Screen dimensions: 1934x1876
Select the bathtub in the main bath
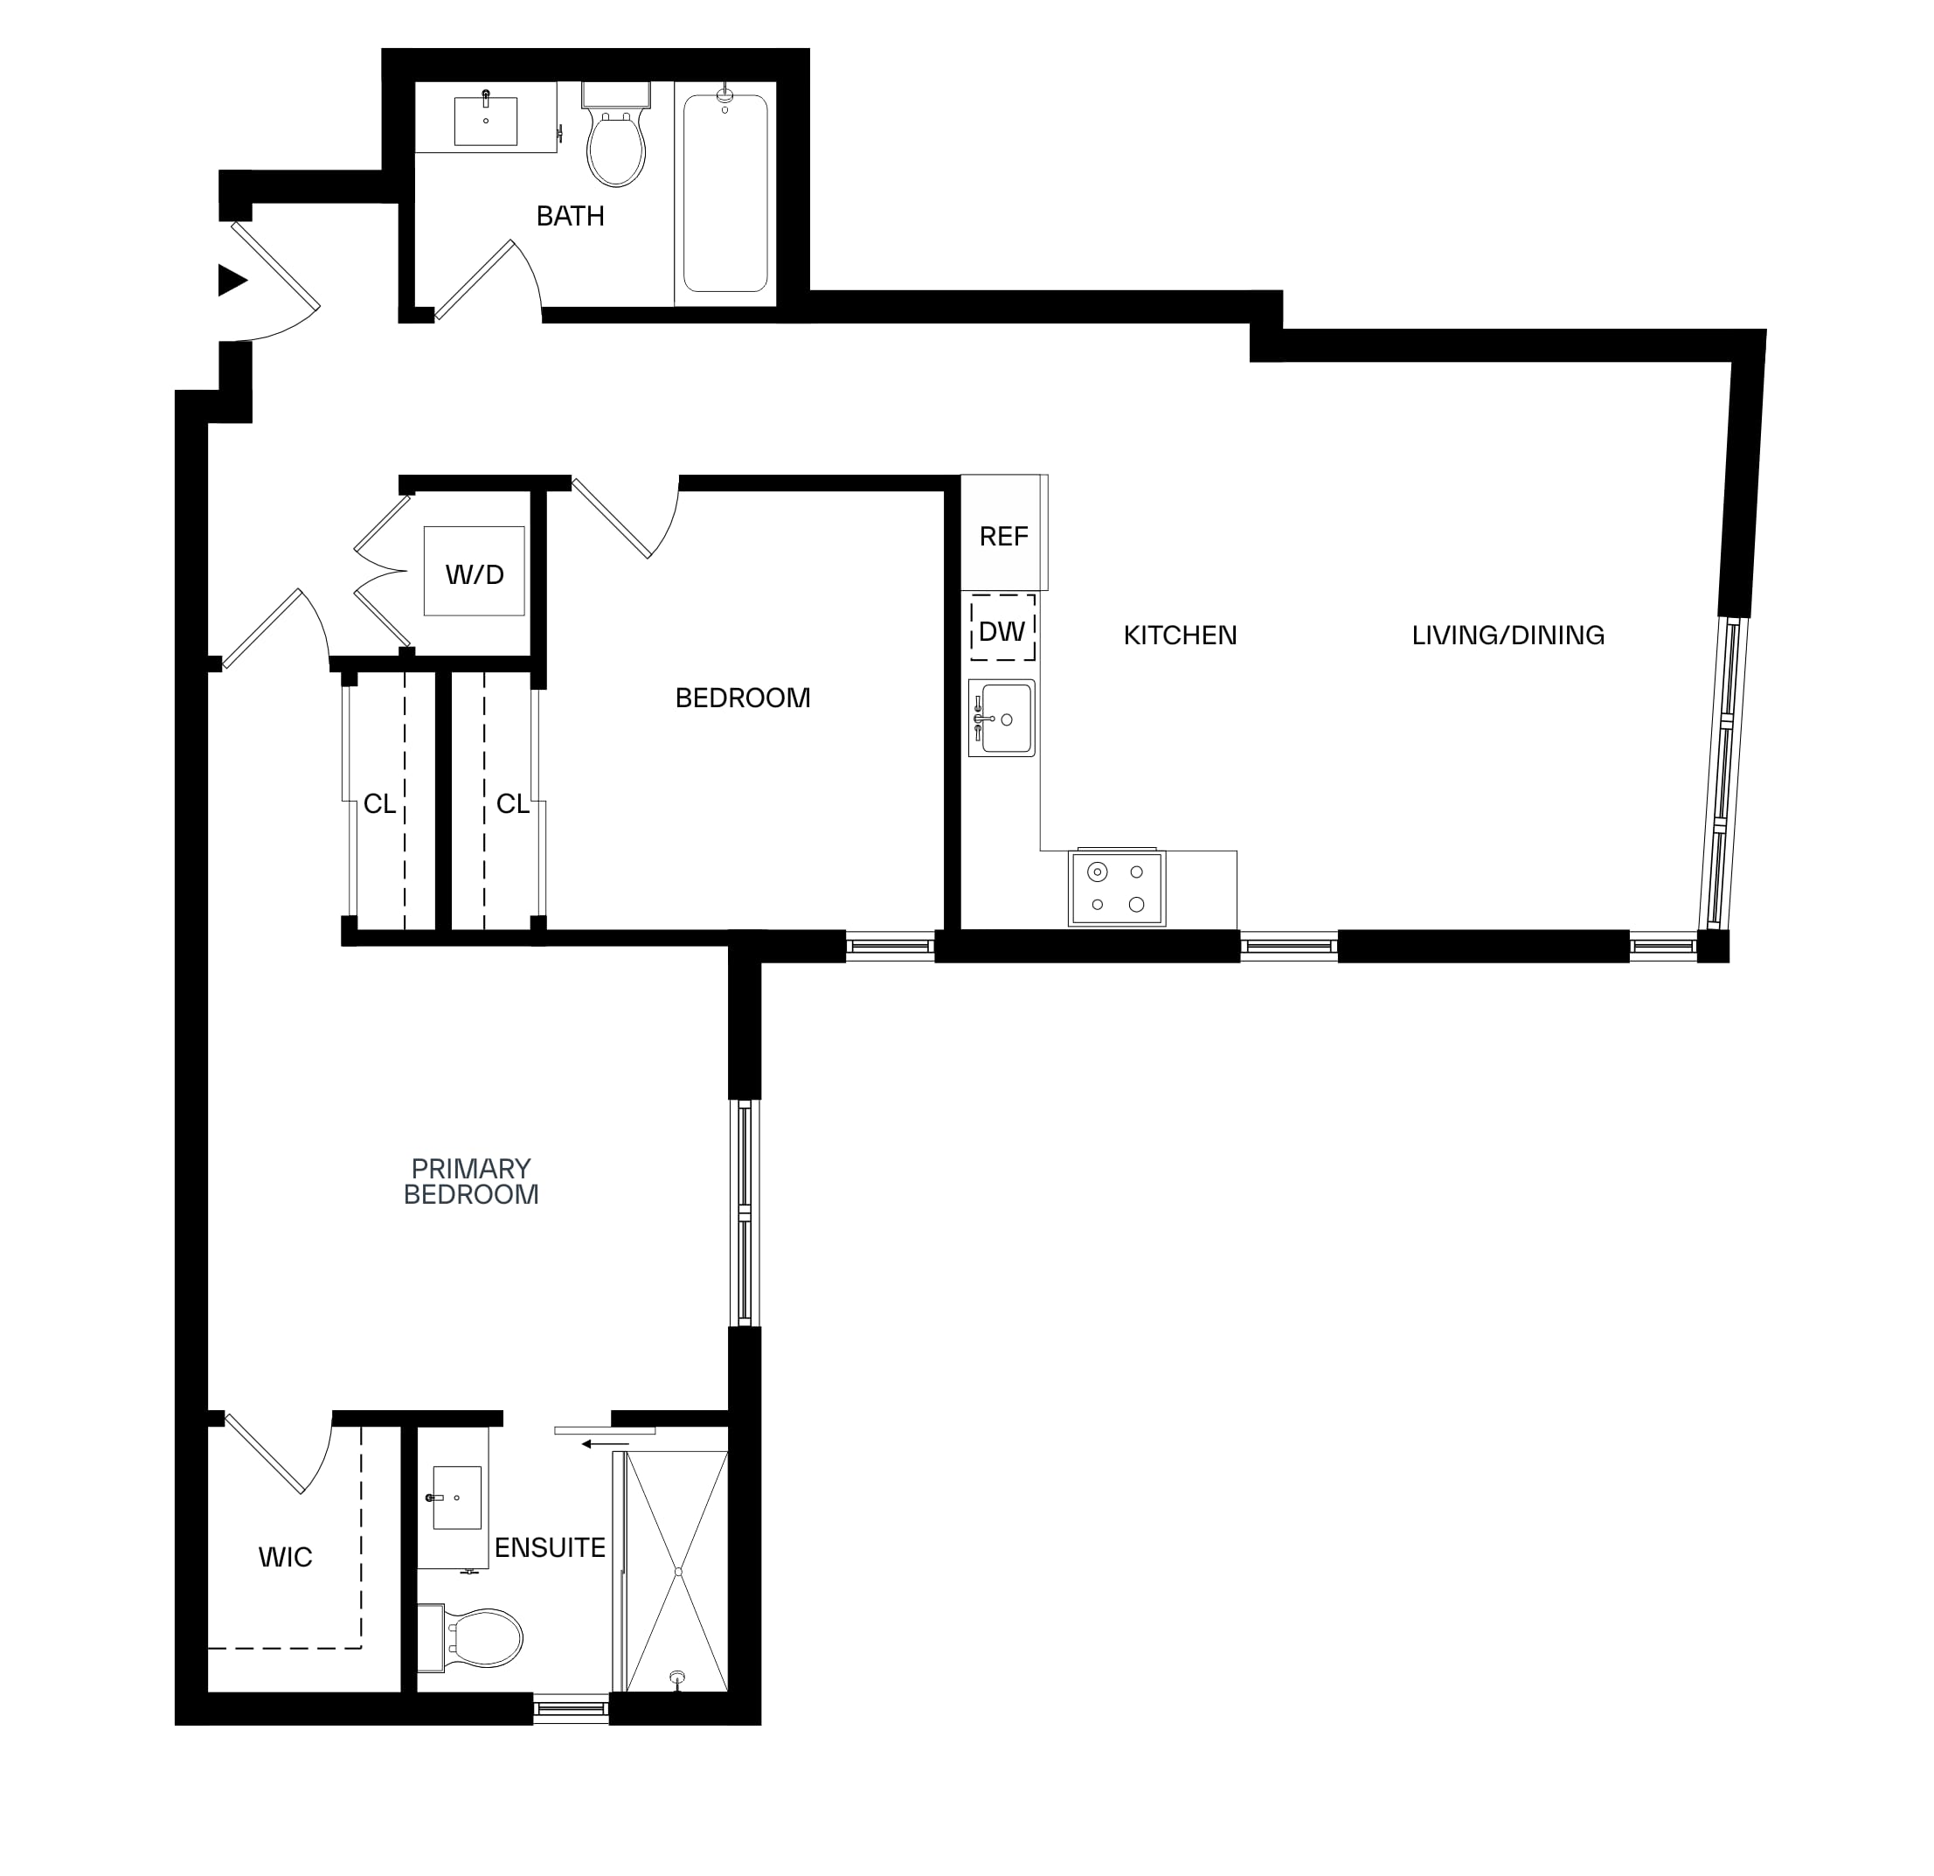(725, 193)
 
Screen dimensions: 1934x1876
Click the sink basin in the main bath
(486, 122)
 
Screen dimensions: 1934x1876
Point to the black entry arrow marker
(232, 281)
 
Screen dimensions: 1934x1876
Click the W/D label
(475, 574)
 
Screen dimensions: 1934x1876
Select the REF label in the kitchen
(1003, 536)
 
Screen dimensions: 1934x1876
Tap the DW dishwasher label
(1002, 630)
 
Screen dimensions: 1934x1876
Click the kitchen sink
(1002, 718)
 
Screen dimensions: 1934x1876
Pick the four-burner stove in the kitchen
(1117, 887)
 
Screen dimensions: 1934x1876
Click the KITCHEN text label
(1180, 635)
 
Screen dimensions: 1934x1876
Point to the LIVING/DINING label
(1508, 635)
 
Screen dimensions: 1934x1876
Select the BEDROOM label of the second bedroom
(742, 698)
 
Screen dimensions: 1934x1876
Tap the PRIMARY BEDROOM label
(471, 1181)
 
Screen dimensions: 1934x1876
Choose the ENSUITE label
(550, 1547)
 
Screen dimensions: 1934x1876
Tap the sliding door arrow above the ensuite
(605, 1444)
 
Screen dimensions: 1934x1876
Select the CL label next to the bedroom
(512, 804)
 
